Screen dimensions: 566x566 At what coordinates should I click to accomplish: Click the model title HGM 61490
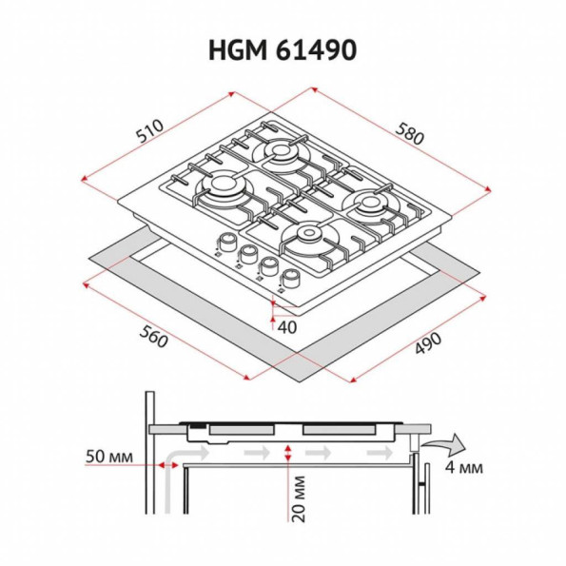point(283,50)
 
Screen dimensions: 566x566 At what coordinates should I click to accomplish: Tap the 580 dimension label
point(409,133)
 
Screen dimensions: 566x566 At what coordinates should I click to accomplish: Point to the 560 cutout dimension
point(153,337)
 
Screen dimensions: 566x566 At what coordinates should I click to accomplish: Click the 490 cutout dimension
point(428,343)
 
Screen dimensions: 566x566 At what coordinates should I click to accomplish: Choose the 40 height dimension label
point(287,327)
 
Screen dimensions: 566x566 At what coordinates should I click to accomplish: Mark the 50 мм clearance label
point(109,457)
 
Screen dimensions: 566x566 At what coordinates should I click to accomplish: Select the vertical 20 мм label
point(298,498)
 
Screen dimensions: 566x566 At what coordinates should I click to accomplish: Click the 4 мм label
point(463,467)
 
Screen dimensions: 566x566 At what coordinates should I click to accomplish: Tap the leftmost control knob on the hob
point(227,243)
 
